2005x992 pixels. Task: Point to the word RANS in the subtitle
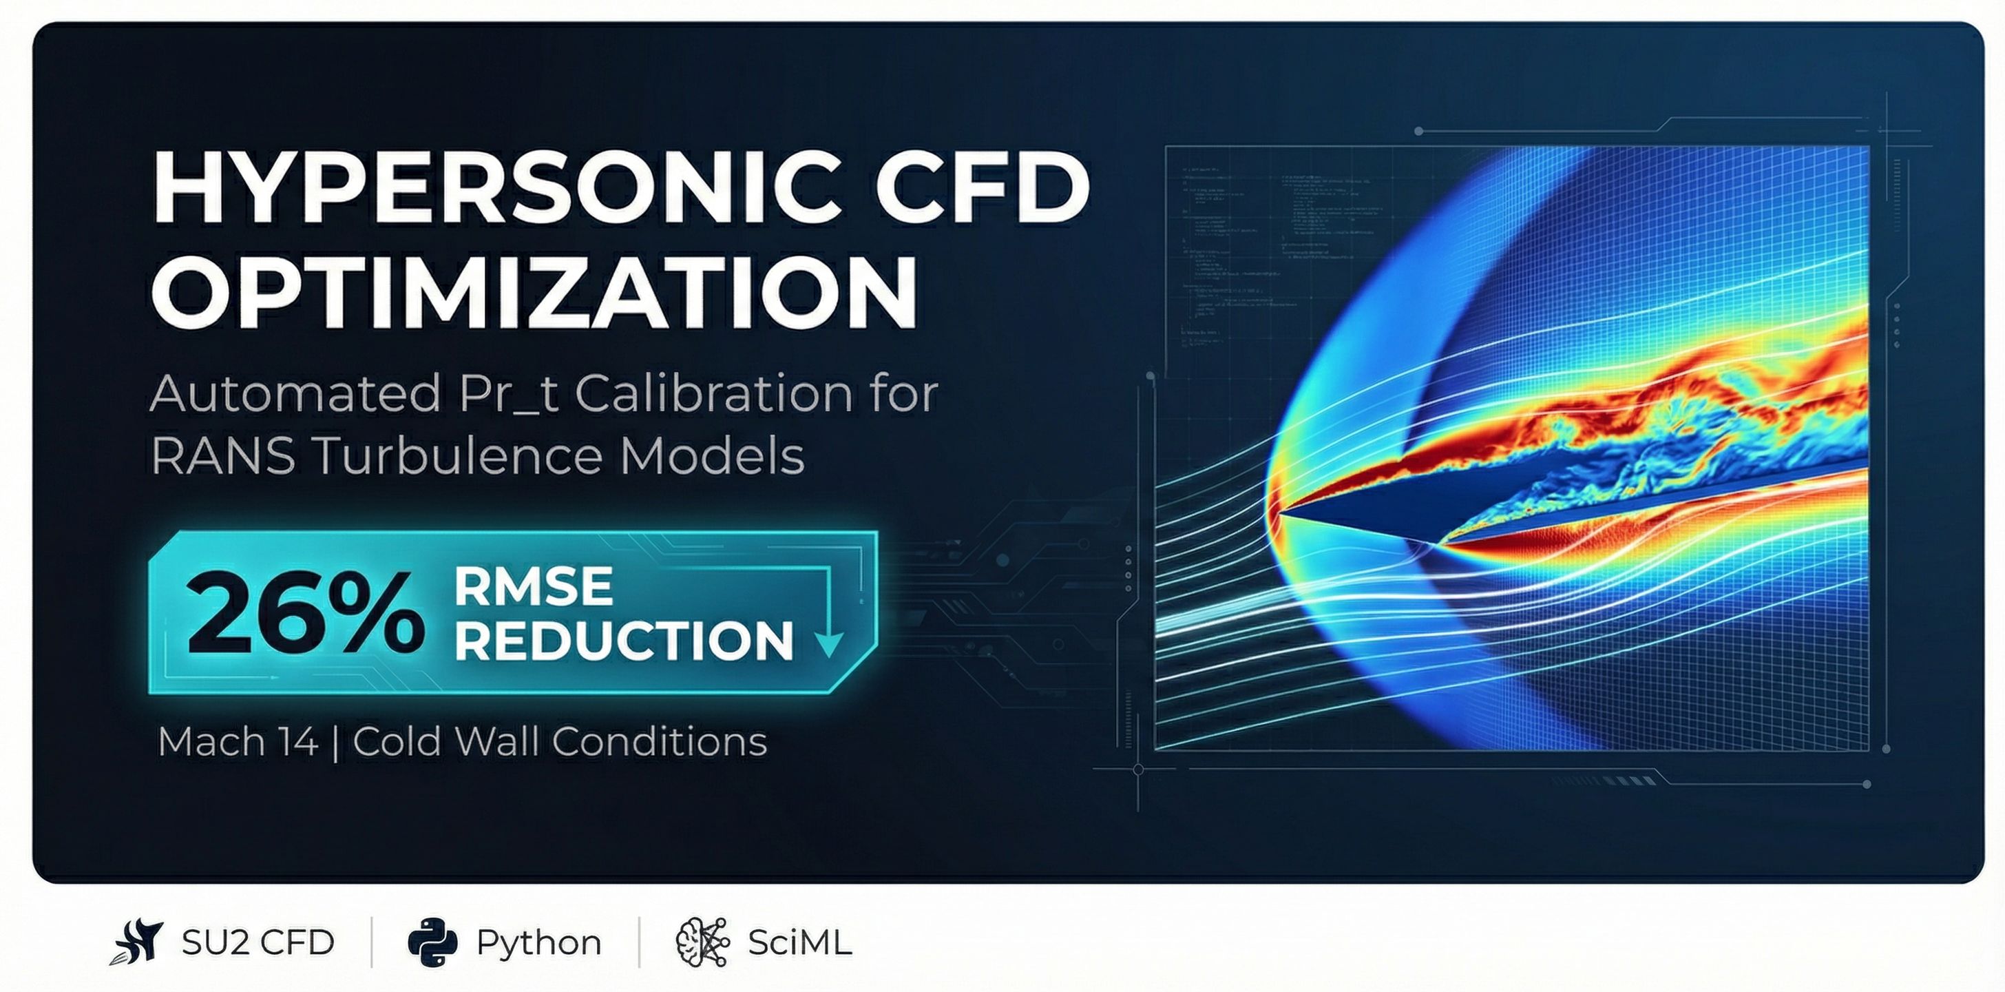(x=222, y=456)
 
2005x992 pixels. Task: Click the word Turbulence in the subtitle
(x=459, y=456)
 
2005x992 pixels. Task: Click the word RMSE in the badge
(x=533, y=586)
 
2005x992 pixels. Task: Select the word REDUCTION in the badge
(x=622, y=641)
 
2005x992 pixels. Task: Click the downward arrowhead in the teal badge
(x=828, y=644)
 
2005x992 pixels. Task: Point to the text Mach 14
(x=238, y=741)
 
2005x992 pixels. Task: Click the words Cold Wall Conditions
(x=560, y=741)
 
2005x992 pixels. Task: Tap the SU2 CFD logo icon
(x=138, y=942)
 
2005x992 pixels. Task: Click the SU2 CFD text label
(x=258, y=943)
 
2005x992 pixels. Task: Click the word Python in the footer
(x=538, y=943)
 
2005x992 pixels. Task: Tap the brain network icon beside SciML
(x=702, y=942)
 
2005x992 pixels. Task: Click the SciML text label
(x=799, y=943)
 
